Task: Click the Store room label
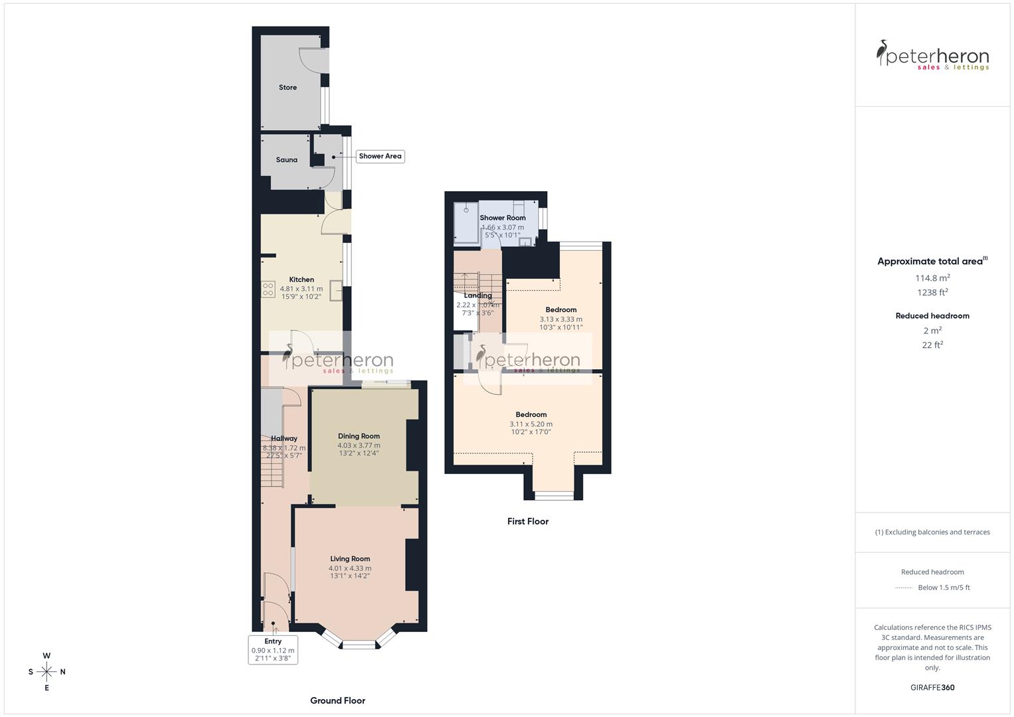(288, 88)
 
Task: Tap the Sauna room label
(287, 160)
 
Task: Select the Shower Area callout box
(380, 156)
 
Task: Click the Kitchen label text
(301, 279)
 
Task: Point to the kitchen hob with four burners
(268, 289)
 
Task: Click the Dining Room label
(359, 436)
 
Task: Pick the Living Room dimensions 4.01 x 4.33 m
(350, 568)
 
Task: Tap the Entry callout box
(273, 650)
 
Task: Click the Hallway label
(284, 438)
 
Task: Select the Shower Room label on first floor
(503, 218)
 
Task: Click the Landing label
(478, 295)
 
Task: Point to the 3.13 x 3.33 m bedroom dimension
(561, 319)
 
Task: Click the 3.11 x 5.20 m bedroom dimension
(531, 424)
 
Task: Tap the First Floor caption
(528, 521)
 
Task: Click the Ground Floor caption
(337, 700)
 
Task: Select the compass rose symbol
(46, 672)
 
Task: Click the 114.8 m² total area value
(932, 278)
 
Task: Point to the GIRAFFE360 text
(932, 688)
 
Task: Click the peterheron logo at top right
(932, 56)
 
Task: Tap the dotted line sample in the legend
(904, 588)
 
